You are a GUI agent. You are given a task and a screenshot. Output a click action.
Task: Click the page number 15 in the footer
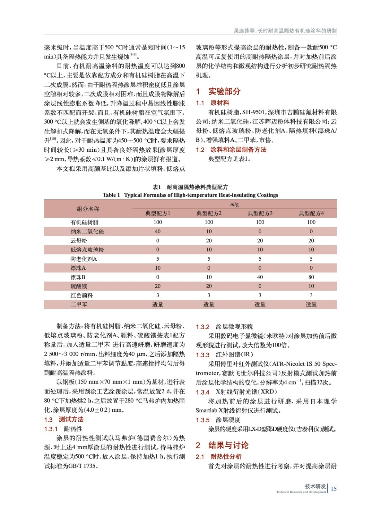tap(333, 489)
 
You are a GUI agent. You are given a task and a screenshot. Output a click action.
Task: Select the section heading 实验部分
tap(224, 91)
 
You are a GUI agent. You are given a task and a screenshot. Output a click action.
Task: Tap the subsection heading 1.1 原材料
tap(212, 103)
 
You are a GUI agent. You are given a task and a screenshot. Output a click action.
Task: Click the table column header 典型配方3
tap(260, 213)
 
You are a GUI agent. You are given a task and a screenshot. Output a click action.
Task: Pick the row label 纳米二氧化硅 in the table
tap(87, 231)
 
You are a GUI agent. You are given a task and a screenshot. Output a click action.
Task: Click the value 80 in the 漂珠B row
tap(311, 277)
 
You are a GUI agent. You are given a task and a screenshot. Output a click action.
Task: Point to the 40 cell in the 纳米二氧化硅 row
tap(158, 231)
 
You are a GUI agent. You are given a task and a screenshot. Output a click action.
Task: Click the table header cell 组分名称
tap(88, 209)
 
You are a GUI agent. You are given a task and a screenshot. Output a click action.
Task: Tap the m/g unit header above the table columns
tap(234, 204)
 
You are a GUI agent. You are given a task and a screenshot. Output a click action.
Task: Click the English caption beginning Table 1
tap(190, 195)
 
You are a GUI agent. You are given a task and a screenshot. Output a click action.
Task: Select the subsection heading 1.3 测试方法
tap(64, 419)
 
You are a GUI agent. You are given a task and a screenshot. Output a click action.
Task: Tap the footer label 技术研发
tap(315, 486)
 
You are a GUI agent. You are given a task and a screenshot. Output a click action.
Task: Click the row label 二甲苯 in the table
tap(79, 305)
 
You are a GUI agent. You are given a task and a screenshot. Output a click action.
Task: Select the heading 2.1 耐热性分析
tap(219, 457)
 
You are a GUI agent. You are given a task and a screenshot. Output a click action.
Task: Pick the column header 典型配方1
tap(158, 213)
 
